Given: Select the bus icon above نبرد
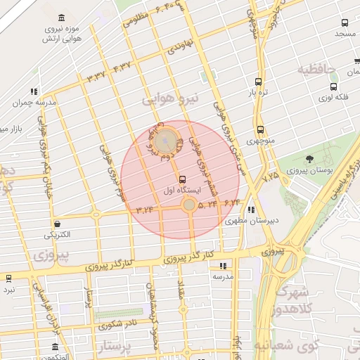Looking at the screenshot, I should [x=9, y=278].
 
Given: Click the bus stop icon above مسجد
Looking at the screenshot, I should [x=344, y=22].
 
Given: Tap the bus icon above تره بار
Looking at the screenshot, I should [x=259, y=81].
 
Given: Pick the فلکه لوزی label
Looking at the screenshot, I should [x=334, y=98].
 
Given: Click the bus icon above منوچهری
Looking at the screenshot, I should [x=261, y=129].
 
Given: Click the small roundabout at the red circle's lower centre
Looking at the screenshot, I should [x=189, y=205].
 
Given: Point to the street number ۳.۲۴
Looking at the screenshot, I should [x=145, y=209].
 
